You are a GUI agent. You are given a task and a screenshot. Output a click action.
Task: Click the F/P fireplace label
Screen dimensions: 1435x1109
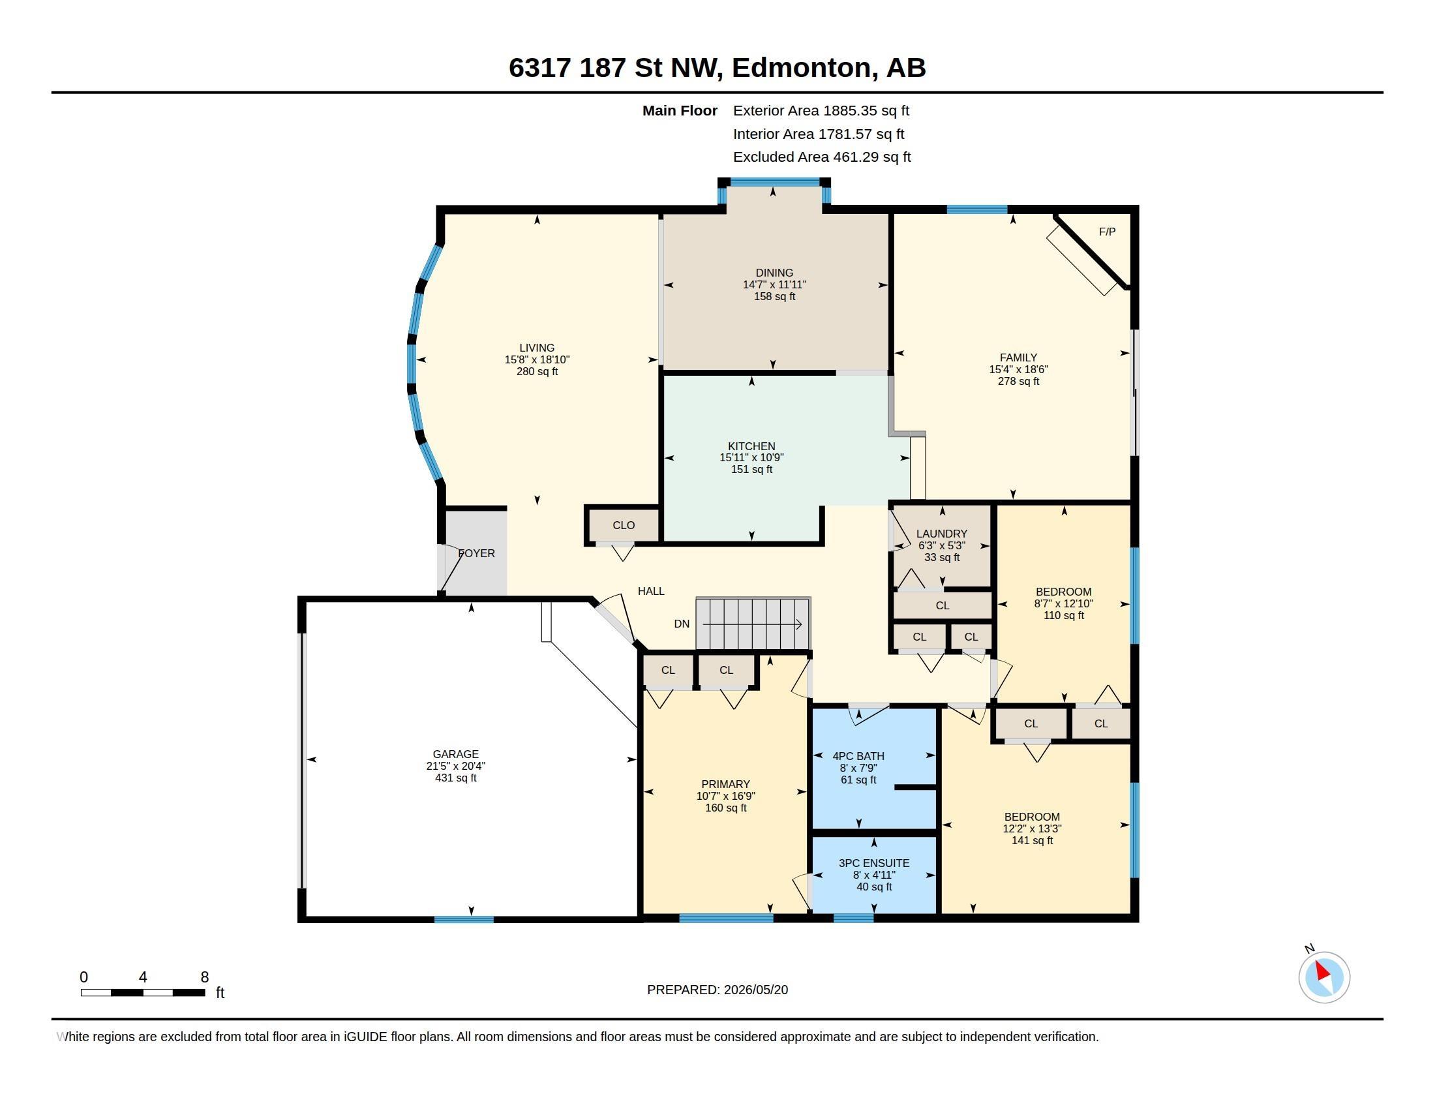(1107, 232)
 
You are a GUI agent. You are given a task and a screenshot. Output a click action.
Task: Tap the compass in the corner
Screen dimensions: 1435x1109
(1323, 977)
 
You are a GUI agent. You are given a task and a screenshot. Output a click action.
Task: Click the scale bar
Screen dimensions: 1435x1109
(143, 992)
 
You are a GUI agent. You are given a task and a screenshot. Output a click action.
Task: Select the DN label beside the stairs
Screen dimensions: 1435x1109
(682, 624)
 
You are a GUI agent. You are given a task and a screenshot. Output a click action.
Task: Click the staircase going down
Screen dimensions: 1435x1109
(753, 624)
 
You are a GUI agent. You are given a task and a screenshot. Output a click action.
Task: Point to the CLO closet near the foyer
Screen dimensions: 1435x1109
(624, 525)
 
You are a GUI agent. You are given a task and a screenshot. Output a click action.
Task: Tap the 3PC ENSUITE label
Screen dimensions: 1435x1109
(874, 863)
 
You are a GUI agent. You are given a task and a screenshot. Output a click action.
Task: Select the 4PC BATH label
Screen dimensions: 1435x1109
(858, 756)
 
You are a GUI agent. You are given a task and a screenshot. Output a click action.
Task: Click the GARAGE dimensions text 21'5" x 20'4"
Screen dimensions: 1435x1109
(455, 766)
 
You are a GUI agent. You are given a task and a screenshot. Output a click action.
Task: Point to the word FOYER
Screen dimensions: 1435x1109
(476, 553)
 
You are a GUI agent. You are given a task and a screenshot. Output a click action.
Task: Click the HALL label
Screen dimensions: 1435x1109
(651, 591)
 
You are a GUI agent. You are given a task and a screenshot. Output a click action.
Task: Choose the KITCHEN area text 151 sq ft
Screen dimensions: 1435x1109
(751, 469)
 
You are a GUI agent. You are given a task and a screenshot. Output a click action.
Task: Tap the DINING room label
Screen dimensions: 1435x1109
(774, 273)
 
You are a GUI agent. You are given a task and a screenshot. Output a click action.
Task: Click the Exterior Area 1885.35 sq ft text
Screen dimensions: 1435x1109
(821, 110)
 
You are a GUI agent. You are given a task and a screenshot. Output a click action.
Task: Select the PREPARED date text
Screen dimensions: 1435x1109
(717, 990)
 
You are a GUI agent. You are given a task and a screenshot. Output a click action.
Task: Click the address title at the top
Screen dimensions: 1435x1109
(717, 67)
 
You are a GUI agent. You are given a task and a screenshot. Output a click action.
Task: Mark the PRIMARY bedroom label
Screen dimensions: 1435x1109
(725, 783)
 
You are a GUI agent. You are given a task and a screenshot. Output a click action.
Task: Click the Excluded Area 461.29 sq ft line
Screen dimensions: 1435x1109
(822, 157)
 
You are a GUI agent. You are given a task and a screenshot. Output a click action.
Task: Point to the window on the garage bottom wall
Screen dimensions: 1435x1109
(464, 919)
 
